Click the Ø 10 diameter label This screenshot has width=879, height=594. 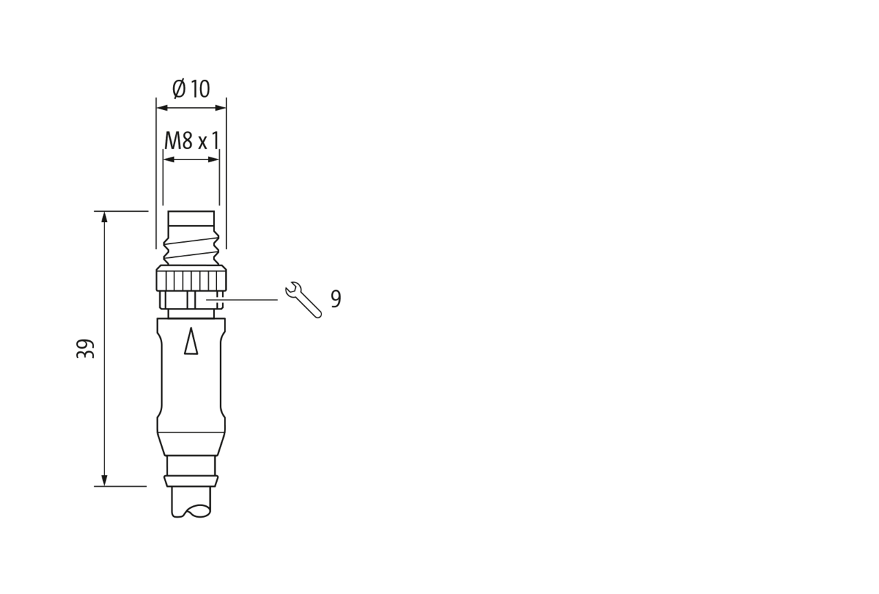191,89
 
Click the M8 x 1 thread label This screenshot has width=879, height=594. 191,141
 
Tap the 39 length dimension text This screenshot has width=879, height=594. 85,349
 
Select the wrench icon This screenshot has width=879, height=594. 304,300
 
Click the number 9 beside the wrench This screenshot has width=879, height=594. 336,299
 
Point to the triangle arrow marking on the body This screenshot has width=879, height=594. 191,340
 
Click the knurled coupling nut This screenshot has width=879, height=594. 191,278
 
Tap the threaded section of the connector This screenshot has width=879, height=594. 191,247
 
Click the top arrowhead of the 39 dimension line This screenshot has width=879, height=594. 104,217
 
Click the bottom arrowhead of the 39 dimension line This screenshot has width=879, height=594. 104,481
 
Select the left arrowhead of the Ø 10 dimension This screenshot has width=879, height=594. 162,108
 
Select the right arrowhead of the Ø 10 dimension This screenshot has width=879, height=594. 220,108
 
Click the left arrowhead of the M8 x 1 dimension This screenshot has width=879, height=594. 169,159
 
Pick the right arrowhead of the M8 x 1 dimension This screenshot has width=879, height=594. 214,159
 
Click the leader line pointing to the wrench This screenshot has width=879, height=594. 242,300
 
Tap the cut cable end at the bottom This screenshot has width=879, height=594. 191,502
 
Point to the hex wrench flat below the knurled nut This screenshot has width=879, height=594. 191,300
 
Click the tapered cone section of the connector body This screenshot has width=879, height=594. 191,444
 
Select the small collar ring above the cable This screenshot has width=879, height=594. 191,481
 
